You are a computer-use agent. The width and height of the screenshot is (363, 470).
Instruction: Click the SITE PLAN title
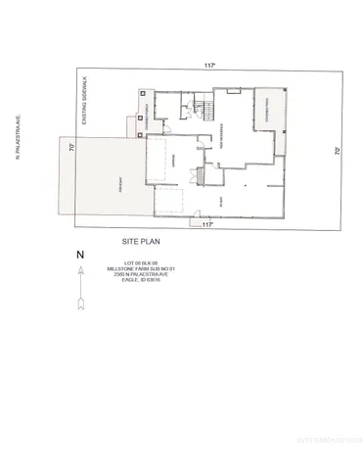tap(143, 239)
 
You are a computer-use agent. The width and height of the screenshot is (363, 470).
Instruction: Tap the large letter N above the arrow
tap(79, 255)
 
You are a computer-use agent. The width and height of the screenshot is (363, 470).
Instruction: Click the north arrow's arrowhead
tap(80, 269)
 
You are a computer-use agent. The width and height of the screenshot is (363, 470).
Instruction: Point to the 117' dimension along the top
tap(209, 65)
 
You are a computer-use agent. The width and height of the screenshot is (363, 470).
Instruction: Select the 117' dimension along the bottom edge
tap(207, 224)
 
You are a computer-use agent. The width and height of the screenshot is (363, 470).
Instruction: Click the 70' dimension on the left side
tap(71, 147)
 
